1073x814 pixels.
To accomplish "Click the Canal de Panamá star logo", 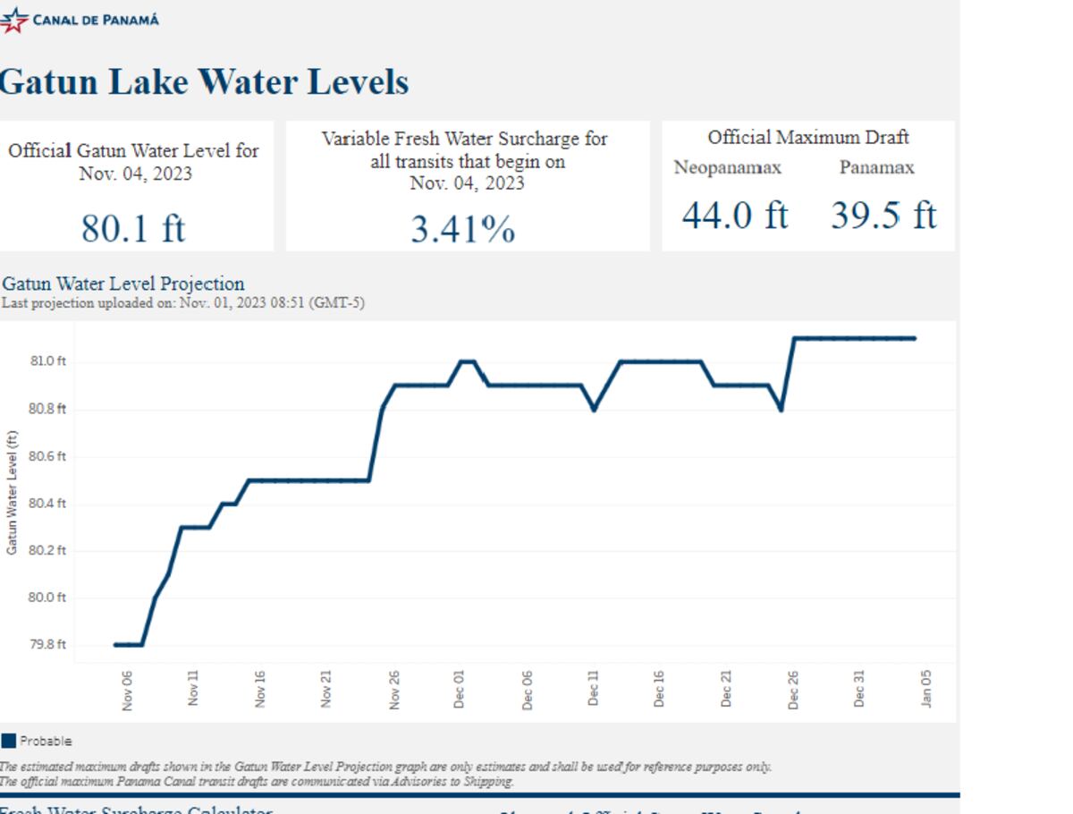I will pyautogui.click(x=13, y=20).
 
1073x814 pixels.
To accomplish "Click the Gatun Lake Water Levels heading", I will pyautogui.click(x=204, y=82).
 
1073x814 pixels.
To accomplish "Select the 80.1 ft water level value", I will pyautogui.click(x=133, y=228).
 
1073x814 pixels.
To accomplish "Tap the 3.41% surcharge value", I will pyautogui.click(x=463, y=230).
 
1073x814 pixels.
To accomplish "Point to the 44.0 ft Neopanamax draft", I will pyautogui.click(x=734, y=216).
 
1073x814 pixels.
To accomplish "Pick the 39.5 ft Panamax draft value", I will pyautogui.click(x=883, y=216).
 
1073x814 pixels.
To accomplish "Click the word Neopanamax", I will pyautogui.click(x=727, y=168).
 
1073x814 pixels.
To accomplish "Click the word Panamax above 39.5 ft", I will pyautogui.click(x=876, y=167).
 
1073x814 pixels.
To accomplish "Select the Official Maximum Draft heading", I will pyautogui.click(x=808, y=138).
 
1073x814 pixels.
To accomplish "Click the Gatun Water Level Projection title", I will pyautogui.click(x=123, y=284).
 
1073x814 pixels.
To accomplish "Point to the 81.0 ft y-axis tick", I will pyautogui.click(x=49, y=361).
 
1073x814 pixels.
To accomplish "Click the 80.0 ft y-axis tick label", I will pyautogui.click(x=49, y=598).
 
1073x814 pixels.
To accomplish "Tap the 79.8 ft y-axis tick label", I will pyautogui.click(x=49, y=645).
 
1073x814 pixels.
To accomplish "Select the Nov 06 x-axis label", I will pyautogui.click(x=127, y=691).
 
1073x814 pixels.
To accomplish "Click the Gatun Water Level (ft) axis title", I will pyautogui.click(x=12, y=492).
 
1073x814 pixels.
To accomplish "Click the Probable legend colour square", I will pyautogui.click(x=9, y=741).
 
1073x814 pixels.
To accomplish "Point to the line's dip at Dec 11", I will pyautogui.click(x=594, y=409).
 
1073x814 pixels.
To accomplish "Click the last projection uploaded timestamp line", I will pyautogui.click(x=183, y=303).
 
